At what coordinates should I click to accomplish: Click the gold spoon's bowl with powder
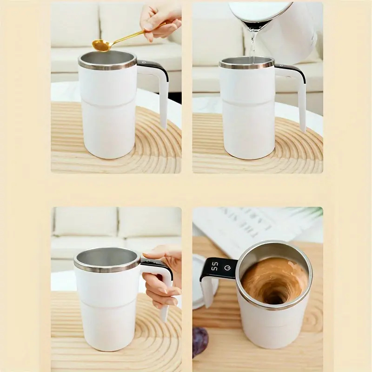101,45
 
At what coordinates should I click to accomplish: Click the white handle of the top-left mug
163,100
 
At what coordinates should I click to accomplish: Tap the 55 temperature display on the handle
215,267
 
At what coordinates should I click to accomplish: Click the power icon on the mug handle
227,268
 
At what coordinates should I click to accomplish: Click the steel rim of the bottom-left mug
107,267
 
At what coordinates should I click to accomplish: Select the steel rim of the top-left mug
107,65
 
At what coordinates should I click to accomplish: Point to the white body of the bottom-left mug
107,316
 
